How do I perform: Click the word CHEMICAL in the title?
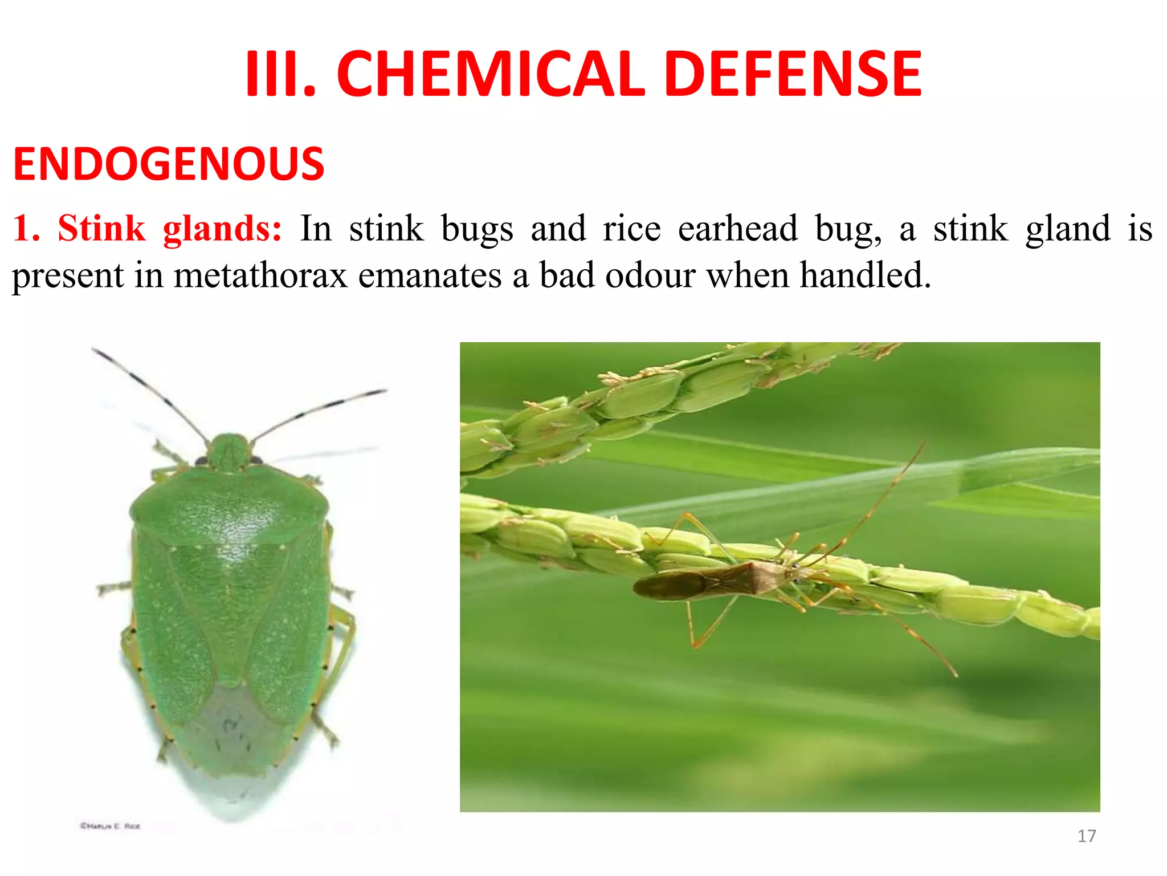tap(491, 74)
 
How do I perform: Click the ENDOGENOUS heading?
tap(169, 164)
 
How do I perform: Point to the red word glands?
tap(222, 229)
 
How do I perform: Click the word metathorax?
tap(260, 275)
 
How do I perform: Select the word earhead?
tap(737, 229)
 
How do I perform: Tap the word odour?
tap(650, 275)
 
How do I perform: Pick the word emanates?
tap(430, 275)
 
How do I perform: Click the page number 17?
tap(1087, 836)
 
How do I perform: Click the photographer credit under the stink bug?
tap(110, 825)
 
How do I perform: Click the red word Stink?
tap(101, 229)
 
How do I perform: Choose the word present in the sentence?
tap(67, 277)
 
